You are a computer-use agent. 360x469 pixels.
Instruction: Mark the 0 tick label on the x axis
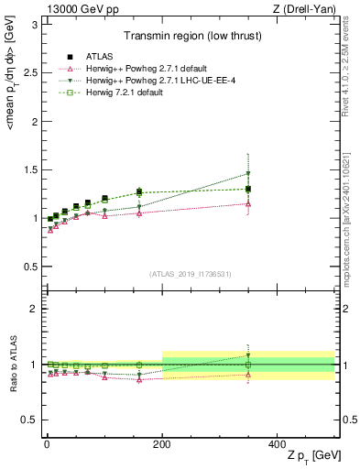click(47, 443)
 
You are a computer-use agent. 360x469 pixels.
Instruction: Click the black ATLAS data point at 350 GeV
click(248, 190)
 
